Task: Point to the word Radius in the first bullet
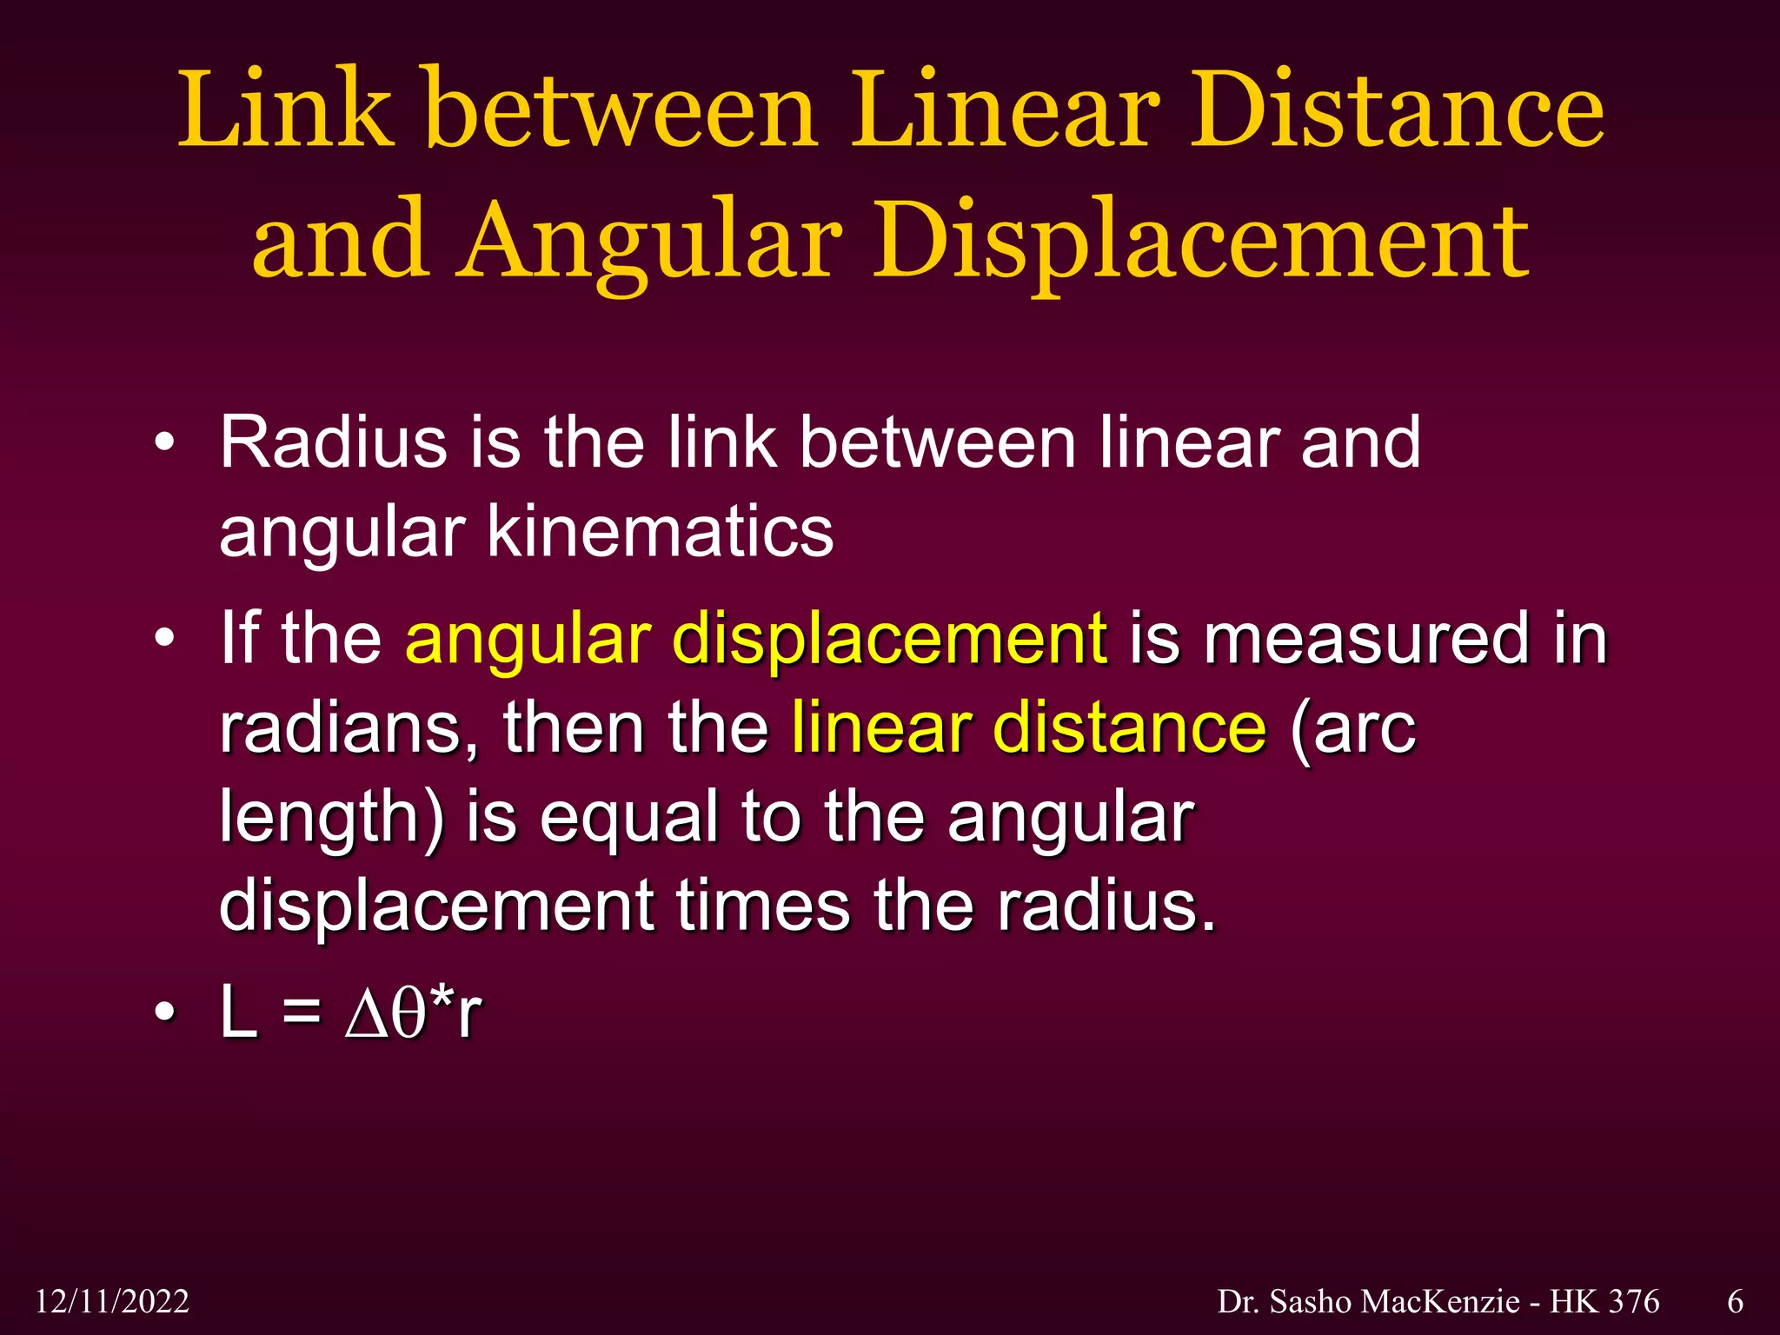pyautogui.click(x=333, y=442)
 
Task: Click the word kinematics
pyautogui.click(x=660, y=531)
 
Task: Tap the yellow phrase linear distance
pyautogui.click(x=1028, y=728)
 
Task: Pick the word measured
pyautogui.click(x=1365, y=640)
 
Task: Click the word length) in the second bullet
pyautogui.click(x=331, y=818)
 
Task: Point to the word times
pyautogui.click(x=763, y=907)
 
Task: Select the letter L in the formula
pyautogui.click(x=239, y=1013)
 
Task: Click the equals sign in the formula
pyautogui.click(x=301, y=1013)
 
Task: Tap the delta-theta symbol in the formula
pyautogui.click(x=387, y=1013)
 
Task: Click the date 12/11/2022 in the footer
pyautogui.click(x=112, y=1301)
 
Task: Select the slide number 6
pyautogui.click(x=1735, y=1301)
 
